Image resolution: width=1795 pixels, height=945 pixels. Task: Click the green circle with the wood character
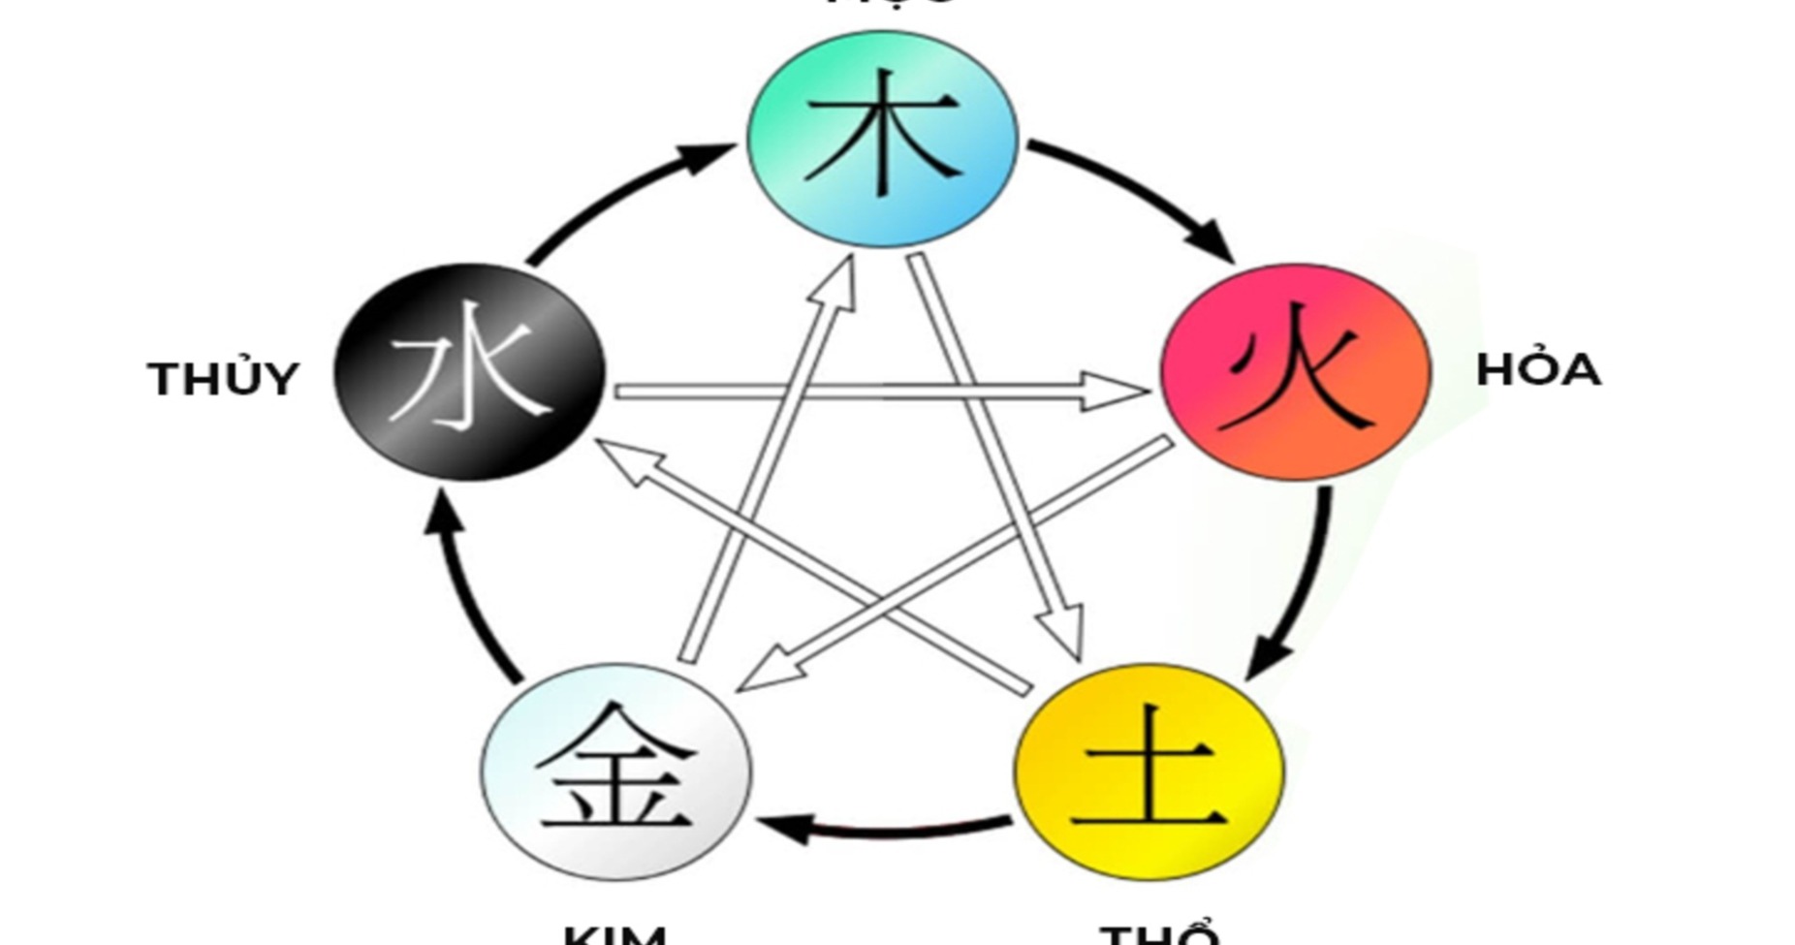(x=882, y=139)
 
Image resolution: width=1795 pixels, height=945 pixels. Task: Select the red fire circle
(x=1296, y=371)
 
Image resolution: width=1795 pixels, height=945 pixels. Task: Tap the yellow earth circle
(x=1149, y=772)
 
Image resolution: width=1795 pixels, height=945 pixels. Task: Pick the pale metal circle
(x=616, y=772)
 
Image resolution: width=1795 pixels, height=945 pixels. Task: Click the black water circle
(x=470, y=371)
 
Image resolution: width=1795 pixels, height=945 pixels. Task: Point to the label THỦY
(x=223, y=379)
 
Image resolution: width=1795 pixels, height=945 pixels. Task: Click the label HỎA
(x=1537, y=370)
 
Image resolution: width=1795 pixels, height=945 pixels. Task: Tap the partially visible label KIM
(x=614, y=935)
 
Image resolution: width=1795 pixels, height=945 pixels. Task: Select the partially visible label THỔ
(x=1159, y=935)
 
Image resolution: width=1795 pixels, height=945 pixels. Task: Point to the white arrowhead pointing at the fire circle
(x=1115, y=391)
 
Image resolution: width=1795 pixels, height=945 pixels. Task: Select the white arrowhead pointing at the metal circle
(x=771, y=673)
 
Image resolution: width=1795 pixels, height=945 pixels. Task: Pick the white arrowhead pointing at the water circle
(x=625, y=460)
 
